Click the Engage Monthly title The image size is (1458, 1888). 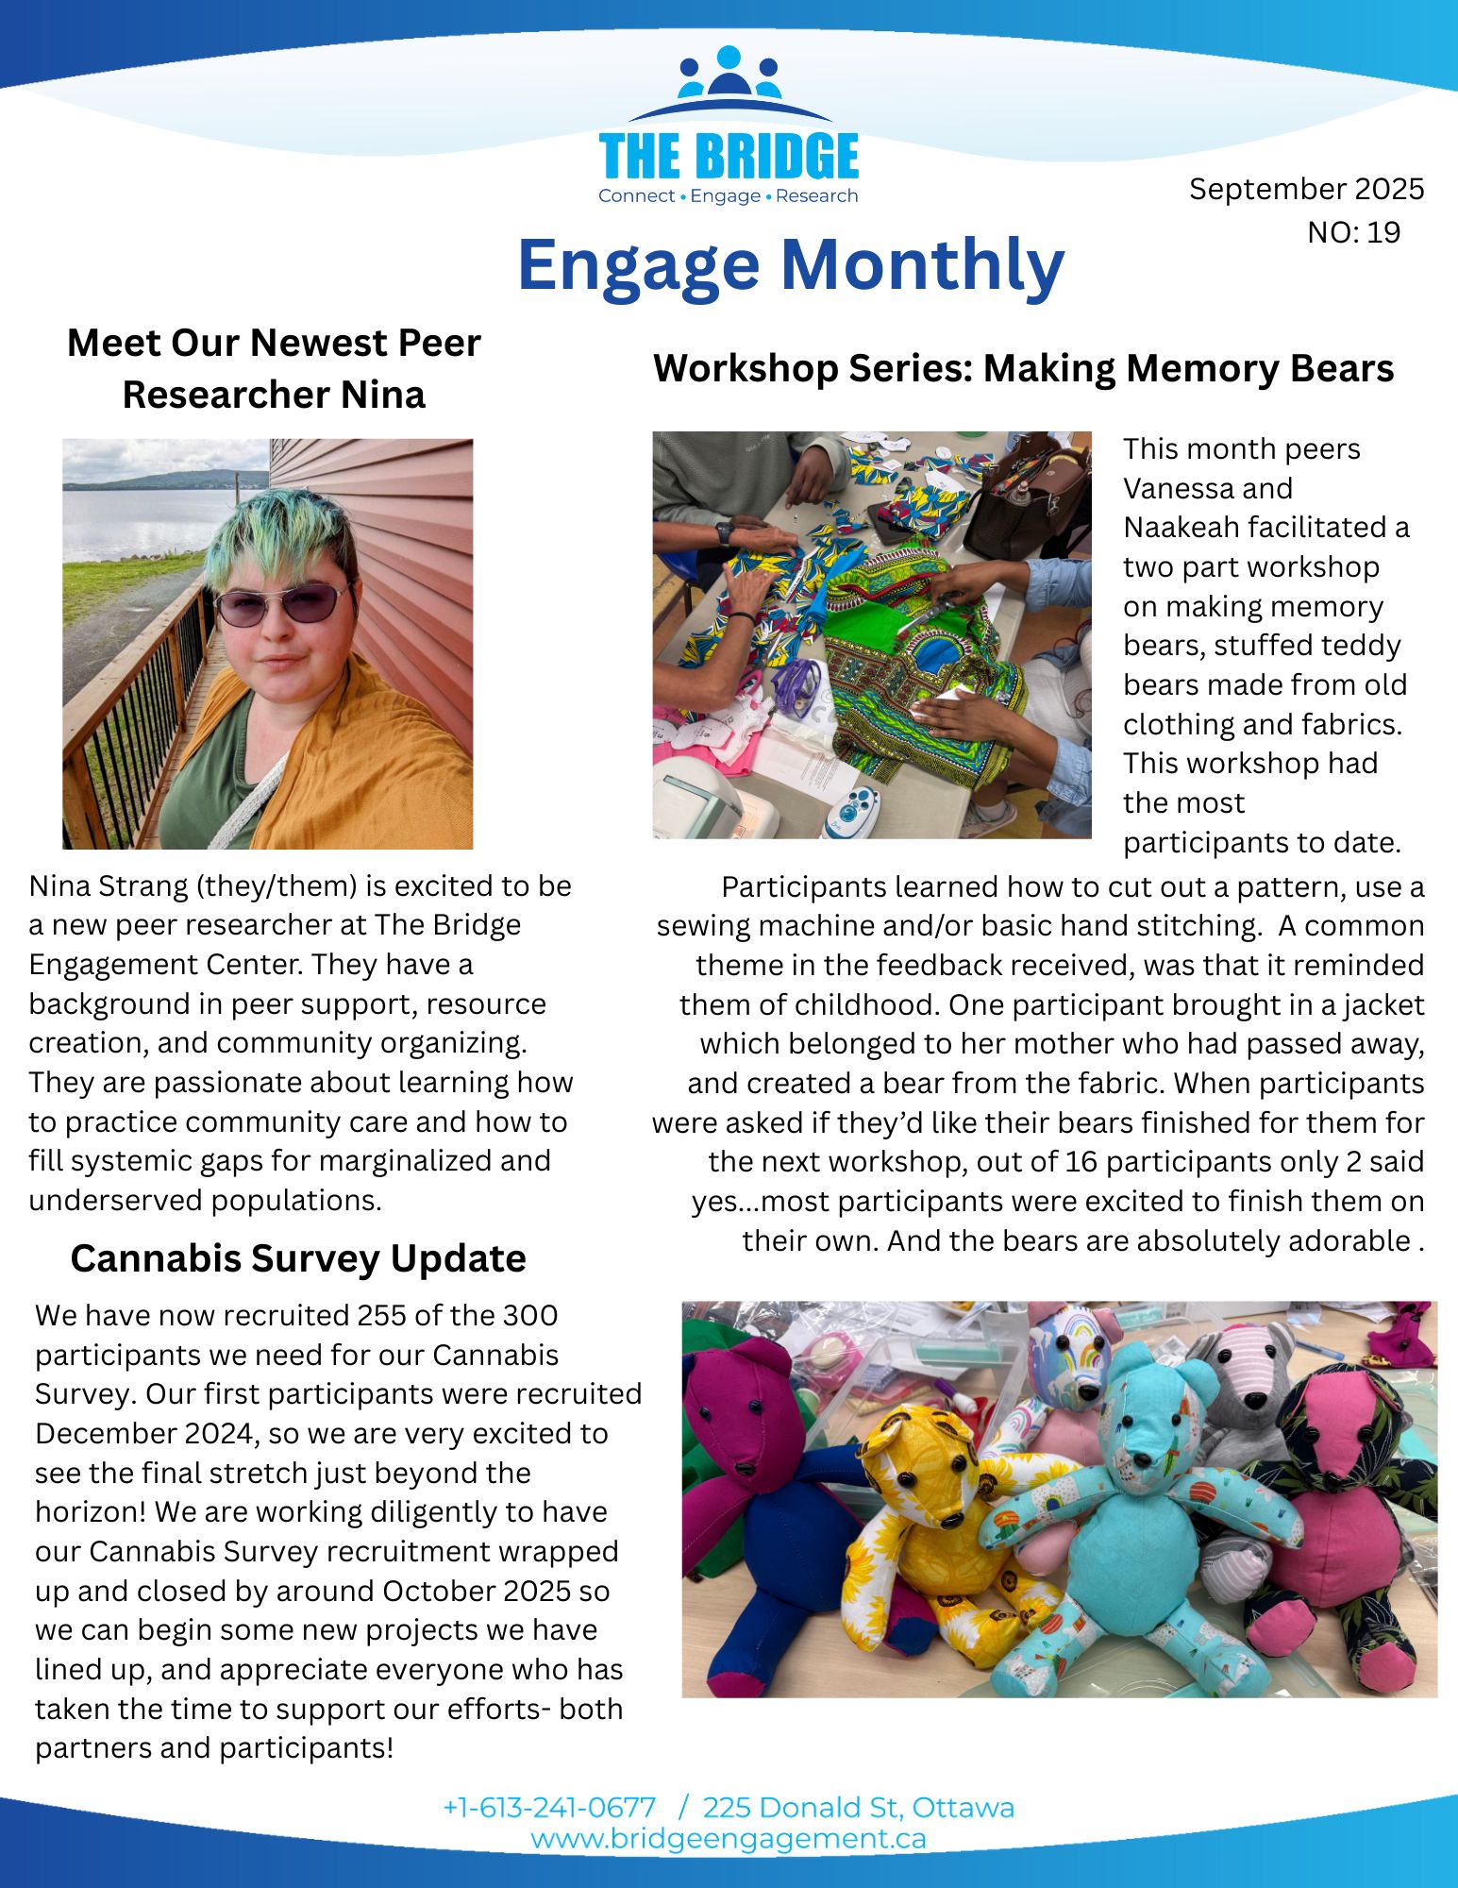791,265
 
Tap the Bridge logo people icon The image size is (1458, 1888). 729,75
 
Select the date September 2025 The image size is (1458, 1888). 1306,189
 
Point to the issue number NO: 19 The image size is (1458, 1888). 1353,232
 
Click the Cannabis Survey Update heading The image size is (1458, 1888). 298,1258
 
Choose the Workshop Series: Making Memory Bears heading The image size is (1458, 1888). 1023,368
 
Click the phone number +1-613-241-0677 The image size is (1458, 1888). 549,1808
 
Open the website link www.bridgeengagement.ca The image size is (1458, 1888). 728,1839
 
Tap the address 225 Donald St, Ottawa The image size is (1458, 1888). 858,1808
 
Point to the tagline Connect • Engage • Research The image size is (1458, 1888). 728,196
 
